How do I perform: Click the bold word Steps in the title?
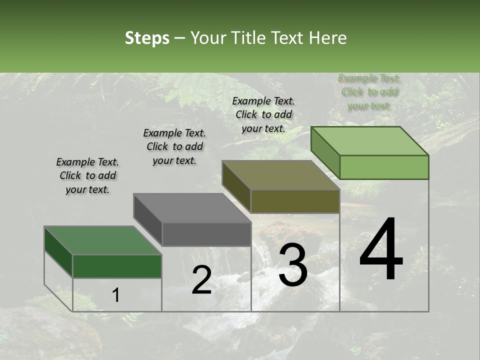(x=147, y=38)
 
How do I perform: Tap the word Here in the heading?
(x=327, y=38)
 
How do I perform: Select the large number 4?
(x=381, y=250)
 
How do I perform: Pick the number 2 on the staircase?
(x=201, y=280)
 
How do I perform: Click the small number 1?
(x=116, y=295)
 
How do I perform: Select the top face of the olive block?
(x=280, y=175)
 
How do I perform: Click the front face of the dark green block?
(x=117, y=266)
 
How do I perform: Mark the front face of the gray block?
(x=206, y=234)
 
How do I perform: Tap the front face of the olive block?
(x=295, y=201)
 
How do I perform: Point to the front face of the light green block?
(x=383, y=167)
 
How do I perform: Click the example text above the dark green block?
(x=87, y=175)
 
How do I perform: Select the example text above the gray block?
(x=174, y=146)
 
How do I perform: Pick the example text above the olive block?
(x=263, y=114)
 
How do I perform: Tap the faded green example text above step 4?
(x=369, y=92)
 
